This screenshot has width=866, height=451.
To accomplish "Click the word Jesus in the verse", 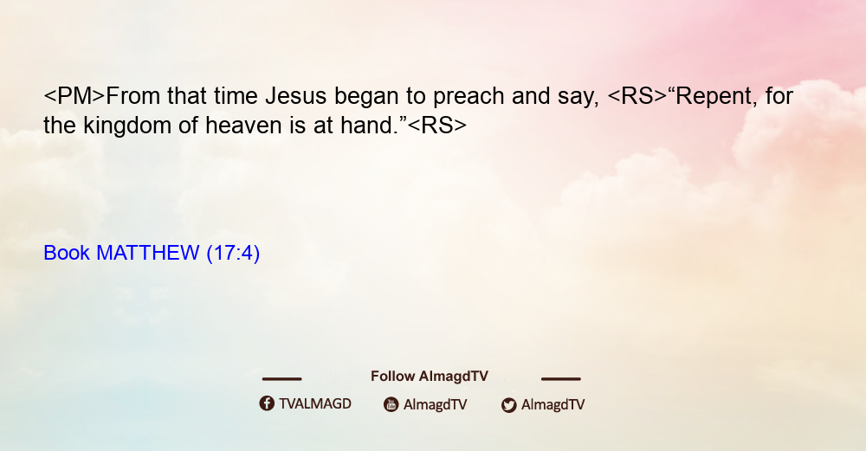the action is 296,96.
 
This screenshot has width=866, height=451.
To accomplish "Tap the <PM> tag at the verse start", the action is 74,96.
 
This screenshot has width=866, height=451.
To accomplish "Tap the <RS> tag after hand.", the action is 436,126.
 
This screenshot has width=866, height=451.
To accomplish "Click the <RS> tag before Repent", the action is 637,96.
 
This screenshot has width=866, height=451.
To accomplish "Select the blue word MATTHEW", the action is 147,253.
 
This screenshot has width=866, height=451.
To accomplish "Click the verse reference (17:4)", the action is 233,253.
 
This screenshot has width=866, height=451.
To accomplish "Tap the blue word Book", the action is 67,253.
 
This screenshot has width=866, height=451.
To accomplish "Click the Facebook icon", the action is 267,403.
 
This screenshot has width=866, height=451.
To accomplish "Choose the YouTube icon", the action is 391,404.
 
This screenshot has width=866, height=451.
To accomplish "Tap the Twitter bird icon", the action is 508,405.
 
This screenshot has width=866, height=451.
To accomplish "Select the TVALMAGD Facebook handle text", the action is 315,403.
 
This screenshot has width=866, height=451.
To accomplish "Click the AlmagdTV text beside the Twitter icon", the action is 553,405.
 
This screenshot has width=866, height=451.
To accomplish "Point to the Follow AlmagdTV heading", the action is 430,376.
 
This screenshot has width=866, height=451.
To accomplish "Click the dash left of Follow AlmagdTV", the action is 281,379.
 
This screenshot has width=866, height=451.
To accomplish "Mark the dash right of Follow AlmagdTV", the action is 561,379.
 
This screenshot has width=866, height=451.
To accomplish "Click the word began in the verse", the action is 366,97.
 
